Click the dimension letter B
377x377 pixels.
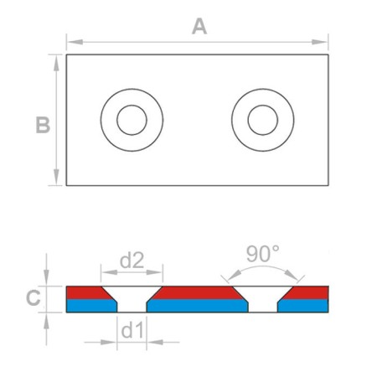(43, 125)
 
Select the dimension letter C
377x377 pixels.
(32, 297)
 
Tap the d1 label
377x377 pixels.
(132, 329)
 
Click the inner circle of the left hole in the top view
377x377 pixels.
(132, 121)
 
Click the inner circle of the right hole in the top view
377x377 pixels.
(263, 121)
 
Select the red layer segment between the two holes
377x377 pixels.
(198, 292)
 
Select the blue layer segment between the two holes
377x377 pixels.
(198, 306)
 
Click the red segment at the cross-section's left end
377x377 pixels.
(83, 292)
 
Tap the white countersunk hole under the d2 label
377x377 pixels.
(132, 297)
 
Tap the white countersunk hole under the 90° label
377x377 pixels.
(262, 297)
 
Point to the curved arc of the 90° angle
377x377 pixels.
(262, 269)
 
